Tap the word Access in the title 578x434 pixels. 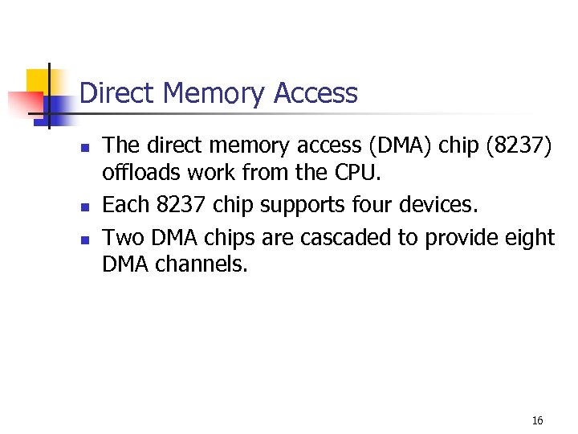(315, 94)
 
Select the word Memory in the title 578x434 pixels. (213, 94)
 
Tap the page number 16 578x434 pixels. (537, 421)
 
